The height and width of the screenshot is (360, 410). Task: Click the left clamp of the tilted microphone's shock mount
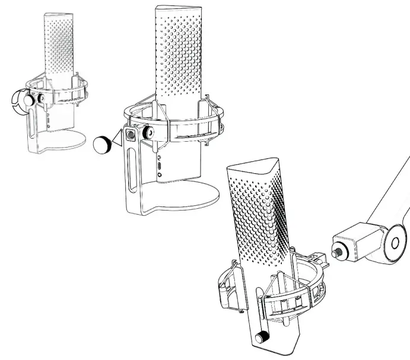228,285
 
